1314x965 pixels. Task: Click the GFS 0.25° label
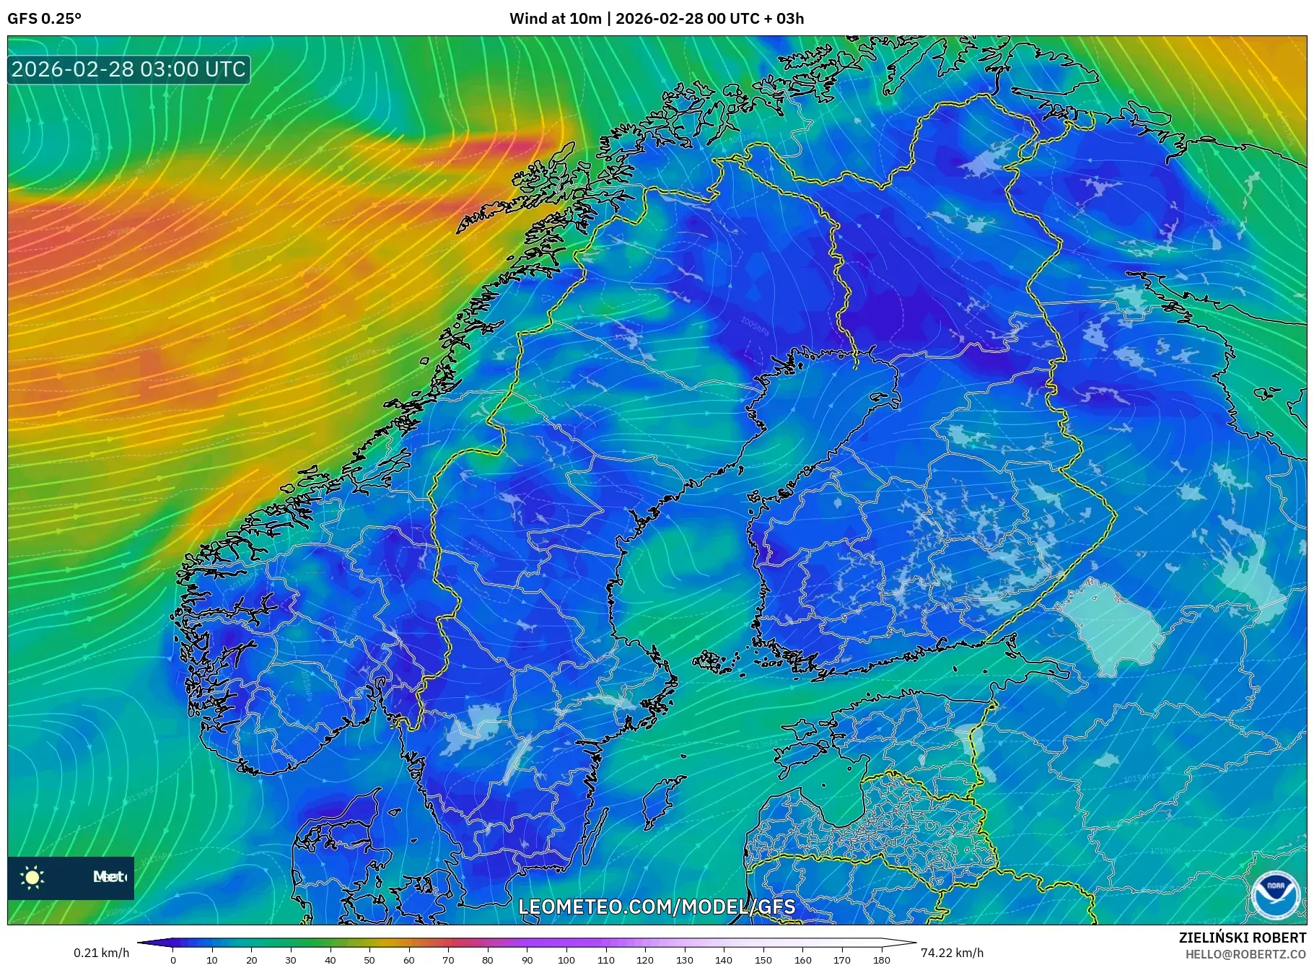44,19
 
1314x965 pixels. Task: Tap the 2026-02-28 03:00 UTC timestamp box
128,69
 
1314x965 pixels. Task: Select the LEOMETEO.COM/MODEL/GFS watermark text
657,907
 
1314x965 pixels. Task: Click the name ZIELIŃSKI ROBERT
1242,938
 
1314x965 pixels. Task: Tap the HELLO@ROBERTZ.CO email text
1245,953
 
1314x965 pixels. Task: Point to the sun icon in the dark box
32,877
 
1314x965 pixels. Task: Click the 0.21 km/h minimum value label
101,953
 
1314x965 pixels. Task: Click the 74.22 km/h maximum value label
952,953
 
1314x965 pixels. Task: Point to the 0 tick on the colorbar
173,960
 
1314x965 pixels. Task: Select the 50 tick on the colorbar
369,960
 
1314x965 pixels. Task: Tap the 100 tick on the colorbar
566,960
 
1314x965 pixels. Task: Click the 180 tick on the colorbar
881,960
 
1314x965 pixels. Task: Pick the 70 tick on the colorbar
448,960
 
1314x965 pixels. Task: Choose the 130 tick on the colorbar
684,960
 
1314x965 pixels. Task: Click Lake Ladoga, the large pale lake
1111,621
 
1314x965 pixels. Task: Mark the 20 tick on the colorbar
251,960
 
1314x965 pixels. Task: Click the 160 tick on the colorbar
802,960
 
